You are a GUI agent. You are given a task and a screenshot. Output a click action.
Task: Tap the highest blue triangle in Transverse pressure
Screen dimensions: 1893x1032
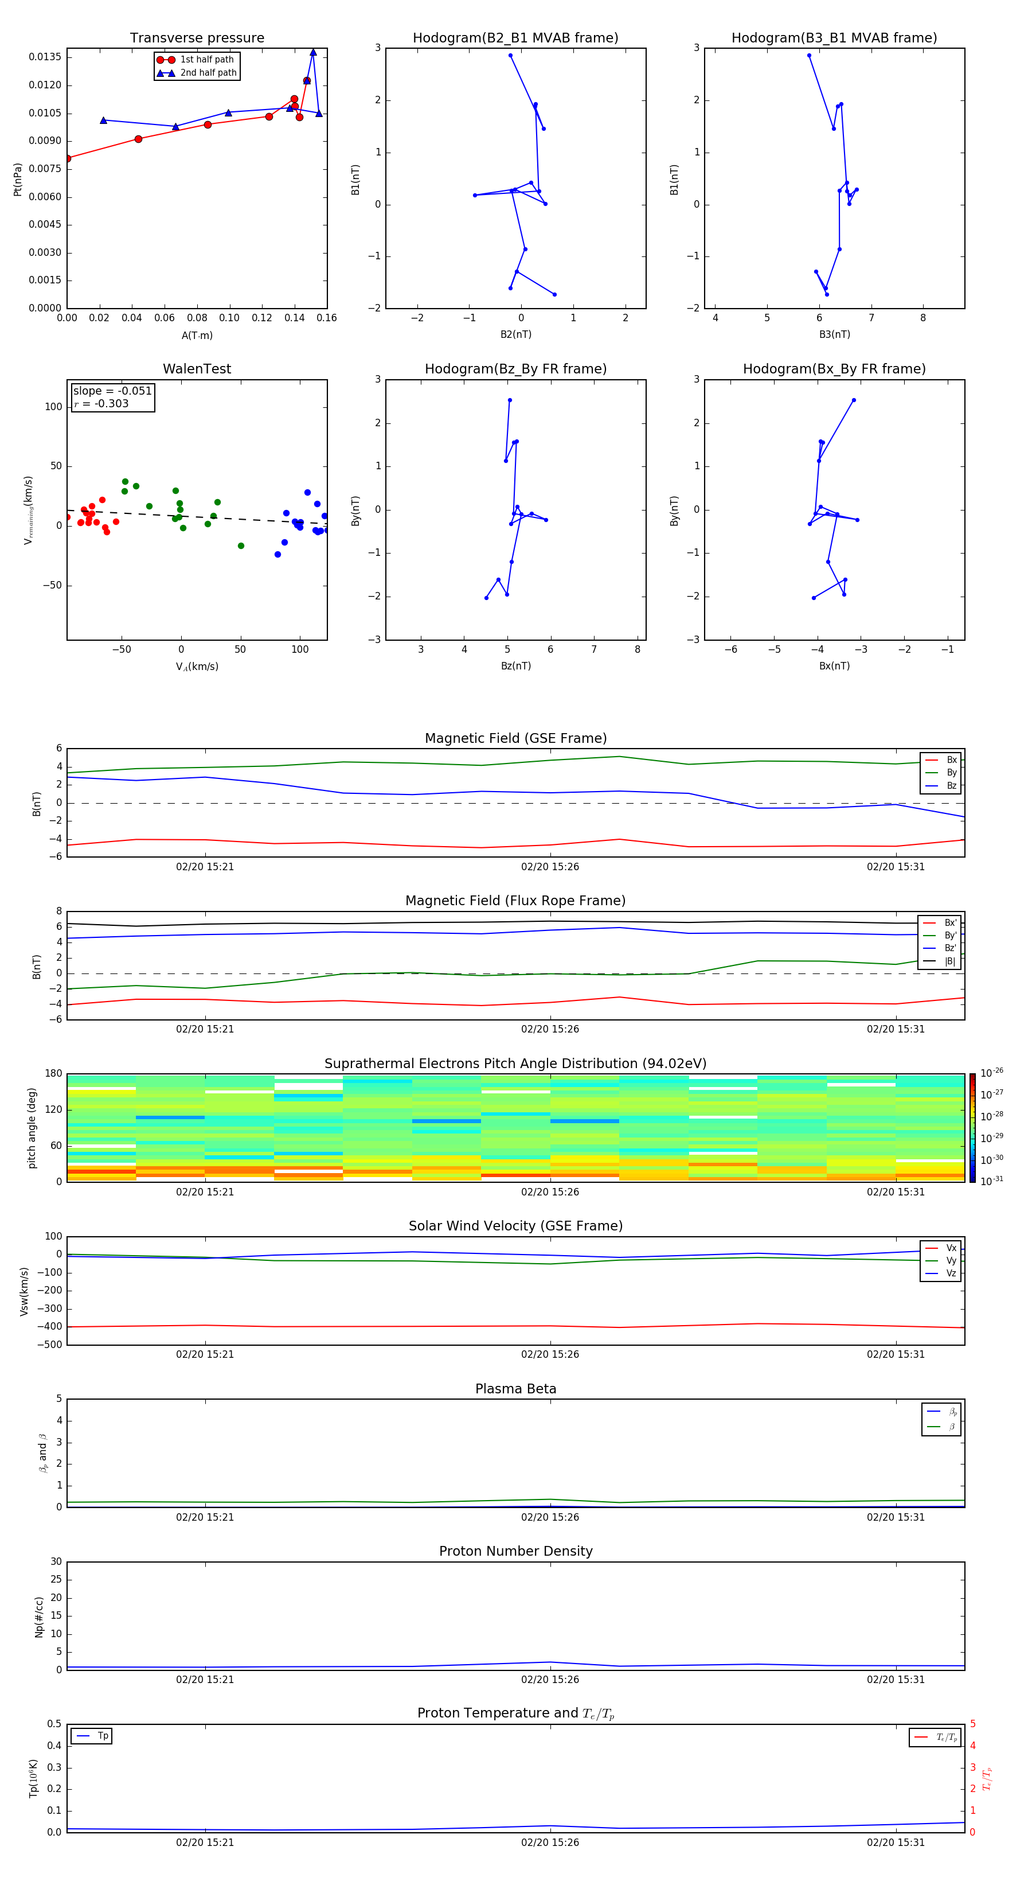point(313,52)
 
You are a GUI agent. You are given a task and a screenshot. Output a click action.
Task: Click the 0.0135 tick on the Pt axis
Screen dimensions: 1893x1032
point(45,57)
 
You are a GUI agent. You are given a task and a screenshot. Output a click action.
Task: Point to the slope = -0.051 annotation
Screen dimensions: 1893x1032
point(112,391)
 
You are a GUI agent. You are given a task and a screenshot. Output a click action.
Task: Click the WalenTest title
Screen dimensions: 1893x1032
point(197,369)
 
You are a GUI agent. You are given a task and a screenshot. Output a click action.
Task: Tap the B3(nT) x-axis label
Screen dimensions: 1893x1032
point(834,334)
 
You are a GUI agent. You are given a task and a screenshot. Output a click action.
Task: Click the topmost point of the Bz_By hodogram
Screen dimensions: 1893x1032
point(510,400)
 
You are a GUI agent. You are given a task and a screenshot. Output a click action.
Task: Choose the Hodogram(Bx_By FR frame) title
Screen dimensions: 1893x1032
point(834,369)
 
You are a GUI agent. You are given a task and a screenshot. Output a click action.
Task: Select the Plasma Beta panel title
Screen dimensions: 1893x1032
point(515,1389)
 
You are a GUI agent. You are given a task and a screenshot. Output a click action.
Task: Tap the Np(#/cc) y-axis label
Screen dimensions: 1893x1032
point(40,1617)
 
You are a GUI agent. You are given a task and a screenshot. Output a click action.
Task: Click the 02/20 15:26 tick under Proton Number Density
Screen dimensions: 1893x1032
point(550,1679)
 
